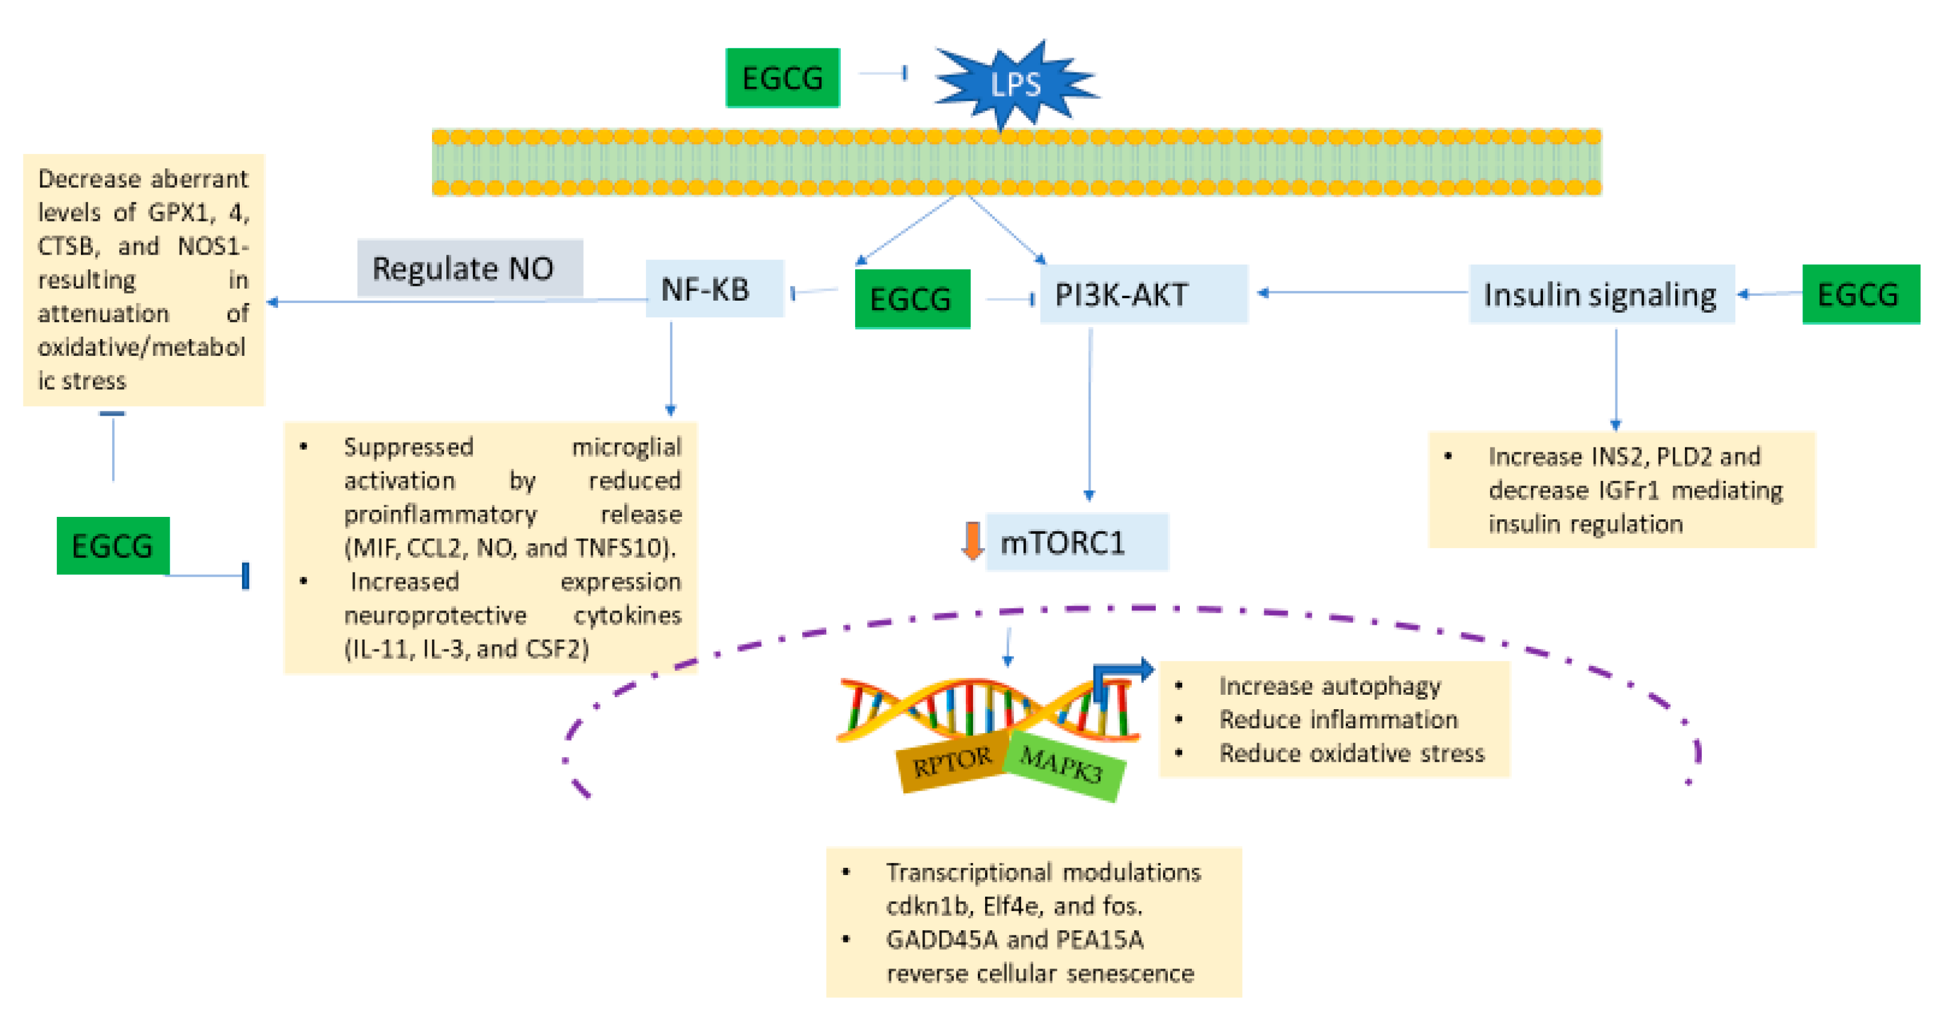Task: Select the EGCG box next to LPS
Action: tap(782, 78)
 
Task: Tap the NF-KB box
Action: tap(714, 289)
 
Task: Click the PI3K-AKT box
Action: tap(1142, 294)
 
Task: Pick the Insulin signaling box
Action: tap(1600, 294)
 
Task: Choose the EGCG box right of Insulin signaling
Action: tap(1859, 294)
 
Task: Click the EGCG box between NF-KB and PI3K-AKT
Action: tap(911, 299)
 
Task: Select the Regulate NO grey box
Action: tap(469, 268)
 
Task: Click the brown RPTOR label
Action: tap(952, 761)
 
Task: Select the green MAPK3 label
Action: tap(1062, 765)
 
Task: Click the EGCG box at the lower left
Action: tap(113, 545)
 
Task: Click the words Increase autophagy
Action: tap(1328, 686)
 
